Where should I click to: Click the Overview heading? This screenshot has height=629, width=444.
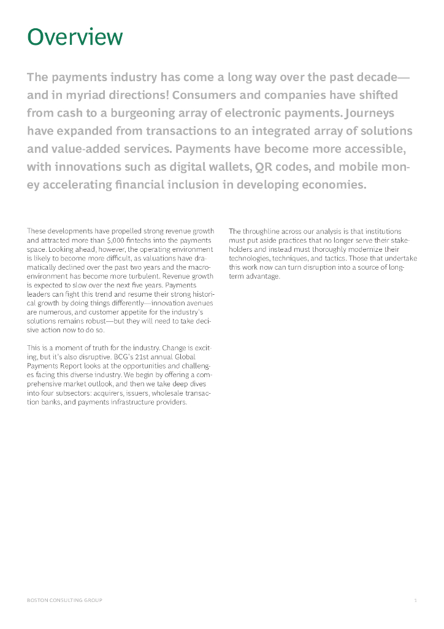click(75, 37)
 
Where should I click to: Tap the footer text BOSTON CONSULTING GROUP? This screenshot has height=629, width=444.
click(64, 600)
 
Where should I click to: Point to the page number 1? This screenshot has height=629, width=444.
click(415, 600)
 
